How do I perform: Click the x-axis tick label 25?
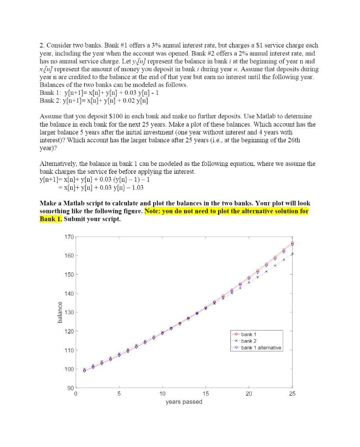[292, 394]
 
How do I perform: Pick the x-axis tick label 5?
[119, 394]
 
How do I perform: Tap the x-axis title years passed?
[184, 402]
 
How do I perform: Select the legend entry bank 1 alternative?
[261, 348]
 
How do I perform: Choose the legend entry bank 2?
[249, 341]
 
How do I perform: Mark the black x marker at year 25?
[292, 254]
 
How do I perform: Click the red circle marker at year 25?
[292, 243]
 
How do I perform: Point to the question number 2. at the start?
[42, 45]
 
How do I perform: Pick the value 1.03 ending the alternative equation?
[136, 187]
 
